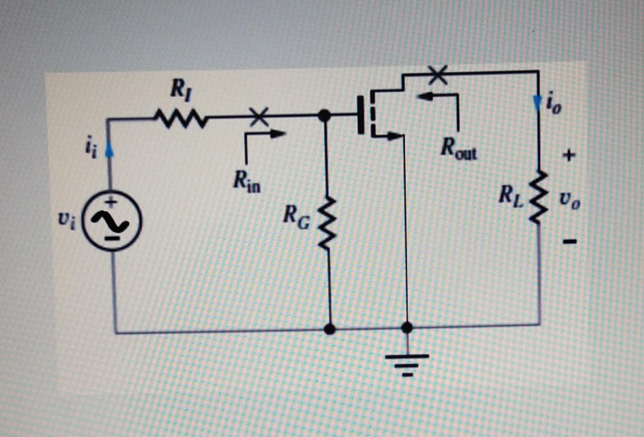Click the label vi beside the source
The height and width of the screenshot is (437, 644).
click(x=67, y=220)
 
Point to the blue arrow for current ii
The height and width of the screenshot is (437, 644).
click(x=109, y=151)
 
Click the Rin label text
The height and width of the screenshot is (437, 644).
click(x=247, y=181)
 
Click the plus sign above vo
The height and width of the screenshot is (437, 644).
click(x=569, y=156)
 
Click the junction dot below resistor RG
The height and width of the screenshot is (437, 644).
click(x=330, y=329)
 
